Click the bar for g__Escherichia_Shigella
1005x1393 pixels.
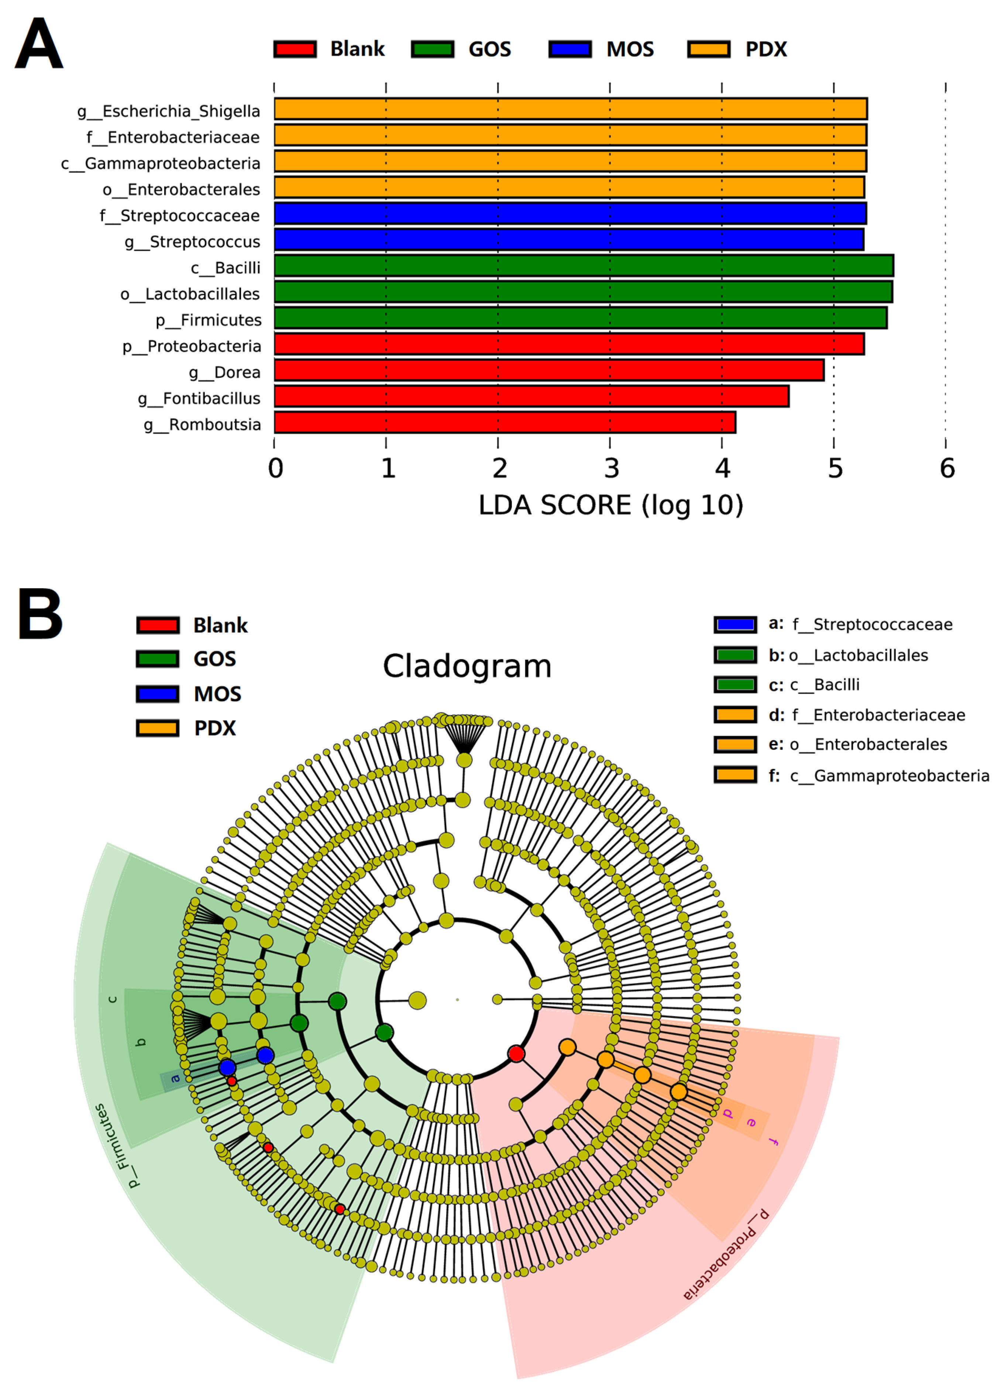pos(570,109)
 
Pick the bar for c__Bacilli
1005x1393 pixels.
pos(584,266)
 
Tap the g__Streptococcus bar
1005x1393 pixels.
pos(569,239)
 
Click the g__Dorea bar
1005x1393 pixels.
pos(548,370)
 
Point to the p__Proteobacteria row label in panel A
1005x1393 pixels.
pos(192,346)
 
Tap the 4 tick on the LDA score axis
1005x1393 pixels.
pos(722,469)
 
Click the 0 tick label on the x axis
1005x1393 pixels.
pos(275,469)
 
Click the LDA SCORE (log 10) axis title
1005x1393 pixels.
pos(610,506)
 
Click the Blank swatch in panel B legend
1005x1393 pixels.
pos(158,625)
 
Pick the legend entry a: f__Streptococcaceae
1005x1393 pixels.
pos(860,625)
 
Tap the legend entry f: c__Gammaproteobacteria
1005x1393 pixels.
pos(878,776)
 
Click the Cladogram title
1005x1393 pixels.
pos(467,666)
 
